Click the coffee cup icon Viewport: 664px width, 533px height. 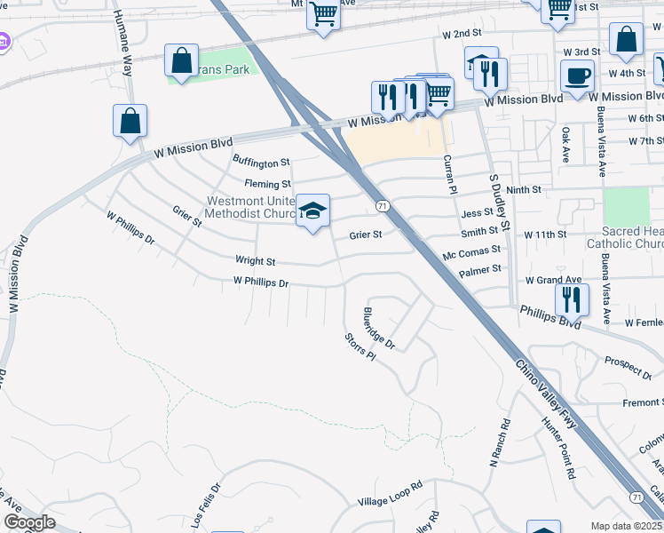(578, 76)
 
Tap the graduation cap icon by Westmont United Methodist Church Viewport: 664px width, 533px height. (312, 211)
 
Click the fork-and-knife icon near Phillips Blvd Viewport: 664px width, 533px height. (573, 298)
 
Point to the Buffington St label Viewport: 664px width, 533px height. (261, 162)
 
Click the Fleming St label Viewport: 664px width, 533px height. (268, 184)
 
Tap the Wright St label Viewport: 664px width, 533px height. (255, 261)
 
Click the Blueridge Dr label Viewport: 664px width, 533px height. (379, 327)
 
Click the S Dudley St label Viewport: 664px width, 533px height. (499, 202)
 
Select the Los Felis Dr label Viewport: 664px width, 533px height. (202, 503)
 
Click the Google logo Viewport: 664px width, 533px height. (29, 521)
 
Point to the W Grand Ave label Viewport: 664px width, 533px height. (553, 280)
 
